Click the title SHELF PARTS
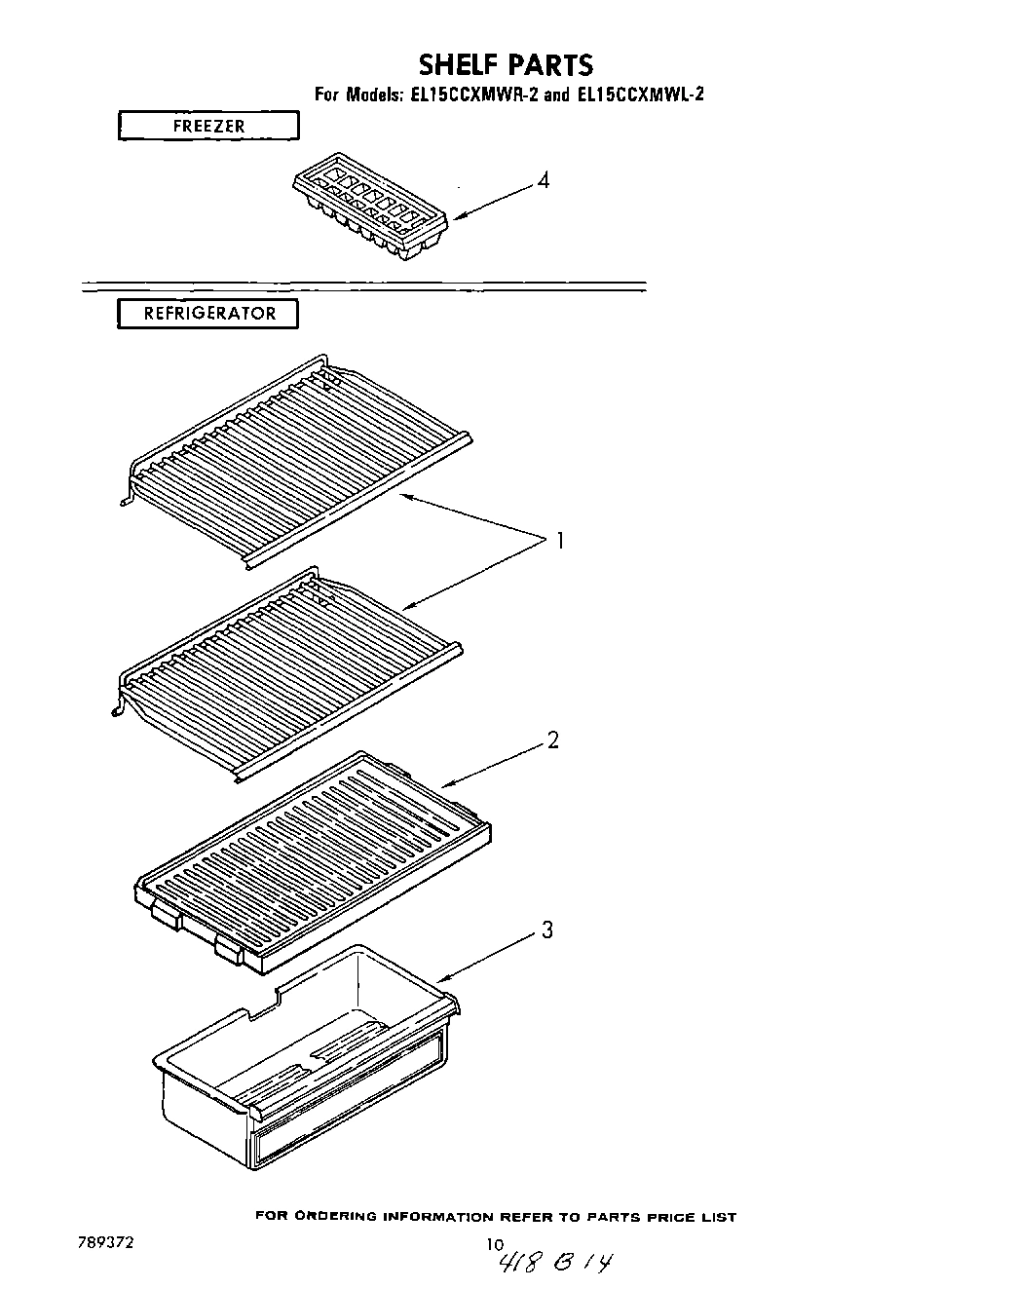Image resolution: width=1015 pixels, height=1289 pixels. point(506,65)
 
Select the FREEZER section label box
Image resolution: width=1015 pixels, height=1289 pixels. point(208,126)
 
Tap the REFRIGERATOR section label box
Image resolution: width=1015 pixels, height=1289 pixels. point(208,314)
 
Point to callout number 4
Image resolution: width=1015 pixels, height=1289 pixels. point(544,180)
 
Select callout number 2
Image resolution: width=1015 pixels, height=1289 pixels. point(552,740)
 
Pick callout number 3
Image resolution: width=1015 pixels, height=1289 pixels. point(547,930)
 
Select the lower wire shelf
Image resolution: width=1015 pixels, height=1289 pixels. point(287,663)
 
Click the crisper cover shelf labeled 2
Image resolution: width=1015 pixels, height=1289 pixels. point(312,857)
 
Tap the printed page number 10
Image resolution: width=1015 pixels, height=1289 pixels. point(496,1243)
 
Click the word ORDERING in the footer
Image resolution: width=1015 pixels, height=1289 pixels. point(334,1217)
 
